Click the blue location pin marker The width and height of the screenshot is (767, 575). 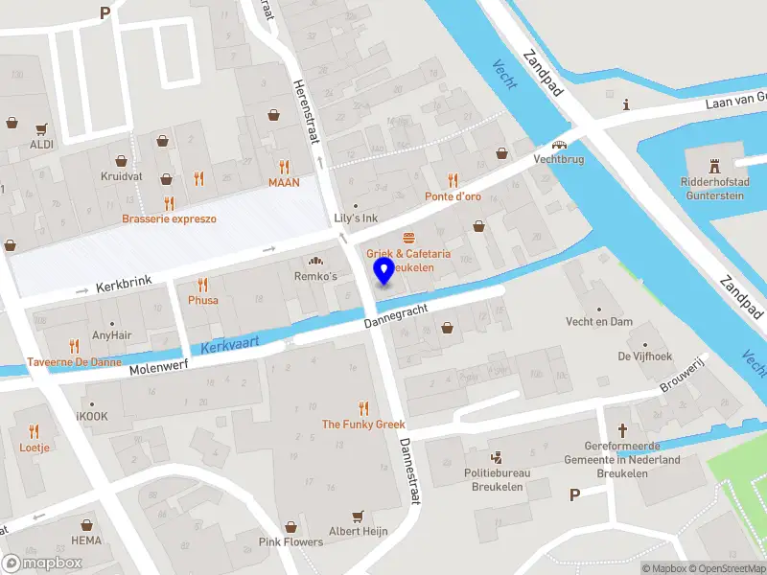(x=383, y=271)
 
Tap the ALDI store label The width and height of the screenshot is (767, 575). (x=41, y=144)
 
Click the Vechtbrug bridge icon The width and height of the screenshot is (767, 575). (x=558, y=143)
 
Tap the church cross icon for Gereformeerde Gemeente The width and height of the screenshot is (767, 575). (x=622, y=430)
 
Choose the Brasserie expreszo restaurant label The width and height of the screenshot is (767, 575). (x=169, y=218)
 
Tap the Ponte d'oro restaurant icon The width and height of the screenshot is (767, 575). (x=453, y=180)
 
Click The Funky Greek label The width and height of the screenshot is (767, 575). (x=363, y=425)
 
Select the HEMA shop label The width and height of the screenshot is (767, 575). (x=86, y=540)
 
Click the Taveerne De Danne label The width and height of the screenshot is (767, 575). (x=74, y=362)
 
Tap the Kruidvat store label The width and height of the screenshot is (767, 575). (x=121, y=176)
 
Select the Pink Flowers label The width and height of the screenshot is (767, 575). (x=291, y=541)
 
